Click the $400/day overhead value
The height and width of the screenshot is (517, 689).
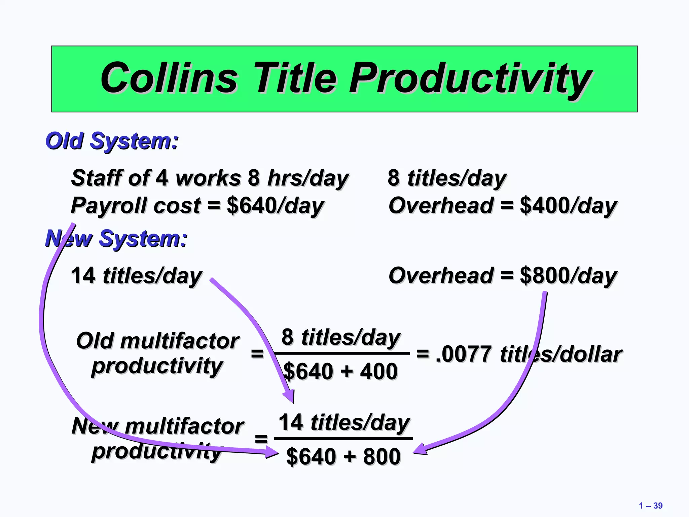point(568,206)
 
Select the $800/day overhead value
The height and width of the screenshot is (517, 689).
point(568,276)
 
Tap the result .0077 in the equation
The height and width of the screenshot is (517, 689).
point(464,354)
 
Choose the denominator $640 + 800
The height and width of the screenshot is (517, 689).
point(343,456)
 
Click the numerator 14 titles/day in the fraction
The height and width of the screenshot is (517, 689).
point(344,422)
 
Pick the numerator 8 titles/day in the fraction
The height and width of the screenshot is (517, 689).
point(341,337)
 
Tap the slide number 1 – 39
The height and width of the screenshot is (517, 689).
point(651,506)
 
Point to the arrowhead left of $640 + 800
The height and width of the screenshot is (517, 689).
point(271,452)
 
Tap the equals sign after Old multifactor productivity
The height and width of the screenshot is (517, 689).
point(257,354)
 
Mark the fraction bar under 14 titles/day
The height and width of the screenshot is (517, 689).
point(343,439)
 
